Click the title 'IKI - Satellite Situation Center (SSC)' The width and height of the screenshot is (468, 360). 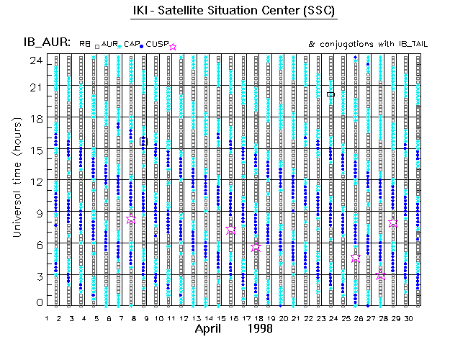point(234,12)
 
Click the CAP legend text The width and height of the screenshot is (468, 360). point(132,45)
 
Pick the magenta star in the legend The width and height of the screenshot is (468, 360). point(172,46)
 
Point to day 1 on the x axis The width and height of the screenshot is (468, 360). point(48,318)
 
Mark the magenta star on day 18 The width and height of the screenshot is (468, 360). point(256,246)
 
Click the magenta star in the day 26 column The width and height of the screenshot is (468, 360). point(356,257)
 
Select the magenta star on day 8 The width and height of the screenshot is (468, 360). point(131,220)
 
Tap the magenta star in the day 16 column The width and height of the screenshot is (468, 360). point(231,230)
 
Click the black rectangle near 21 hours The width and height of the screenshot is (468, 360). point(330,94)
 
